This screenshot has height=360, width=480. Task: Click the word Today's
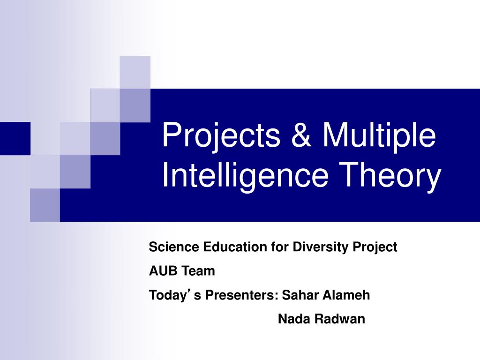pos(169,295)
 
